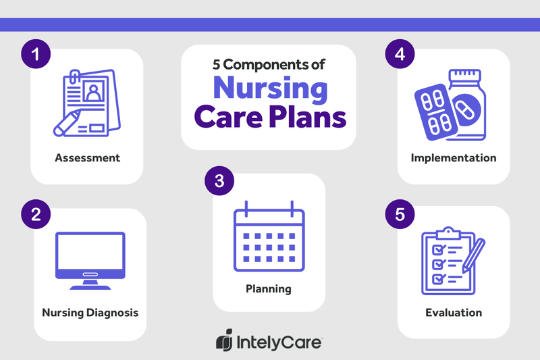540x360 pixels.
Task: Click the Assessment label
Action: (88, 158)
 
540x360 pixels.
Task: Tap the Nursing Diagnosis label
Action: (90, 313)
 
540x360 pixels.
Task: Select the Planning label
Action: (268, 289)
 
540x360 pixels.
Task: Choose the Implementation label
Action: (454, 158)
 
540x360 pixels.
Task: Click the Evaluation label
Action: (454, 313)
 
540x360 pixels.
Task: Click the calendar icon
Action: (269, 235)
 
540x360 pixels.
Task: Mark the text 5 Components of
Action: (268, 66)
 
